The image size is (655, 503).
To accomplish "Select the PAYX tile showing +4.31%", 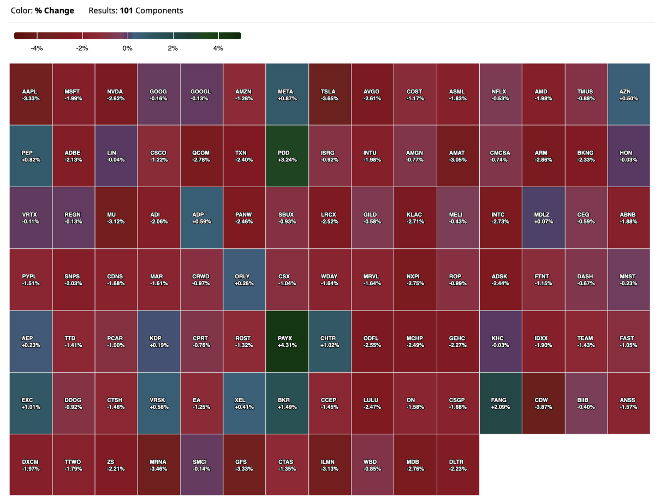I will tap(287, 342).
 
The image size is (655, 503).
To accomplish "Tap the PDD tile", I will tap(287, 156).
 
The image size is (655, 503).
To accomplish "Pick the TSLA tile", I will tap(330, 94).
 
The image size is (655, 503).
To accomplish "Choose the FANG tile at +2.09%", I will tap(501, 403).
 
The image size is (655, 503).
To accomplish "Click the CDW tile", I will tap(543, 403).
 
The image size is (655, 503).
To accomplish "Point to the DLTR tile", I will tap(458, 465).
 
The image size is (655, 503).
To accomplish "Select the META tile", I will tap(287, 94).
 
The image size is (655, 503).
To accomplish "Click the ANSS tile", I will tap(628, 403).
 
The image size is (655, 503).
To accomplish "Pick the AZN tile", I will tap(628, 94).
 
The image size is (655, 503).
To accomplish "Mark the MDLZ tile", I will tap(543, 218).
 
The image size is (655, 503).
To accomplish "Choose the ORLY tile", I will tap(245, 280).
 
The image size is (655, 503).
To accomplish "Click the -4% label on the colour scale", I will tap(37, 49).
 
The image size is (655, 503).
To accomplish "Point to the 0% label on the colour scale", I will tap(127, 49).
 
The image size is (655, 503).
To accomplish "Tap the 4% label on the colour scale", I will tap(218, 49).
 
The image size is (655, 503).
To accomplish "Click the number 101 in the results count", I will tap(127, 10).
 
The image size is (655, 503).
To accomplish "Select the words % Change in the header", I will tap(55, 10).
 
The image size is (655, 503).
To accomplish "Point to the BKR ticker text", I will tap(287, 400).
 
